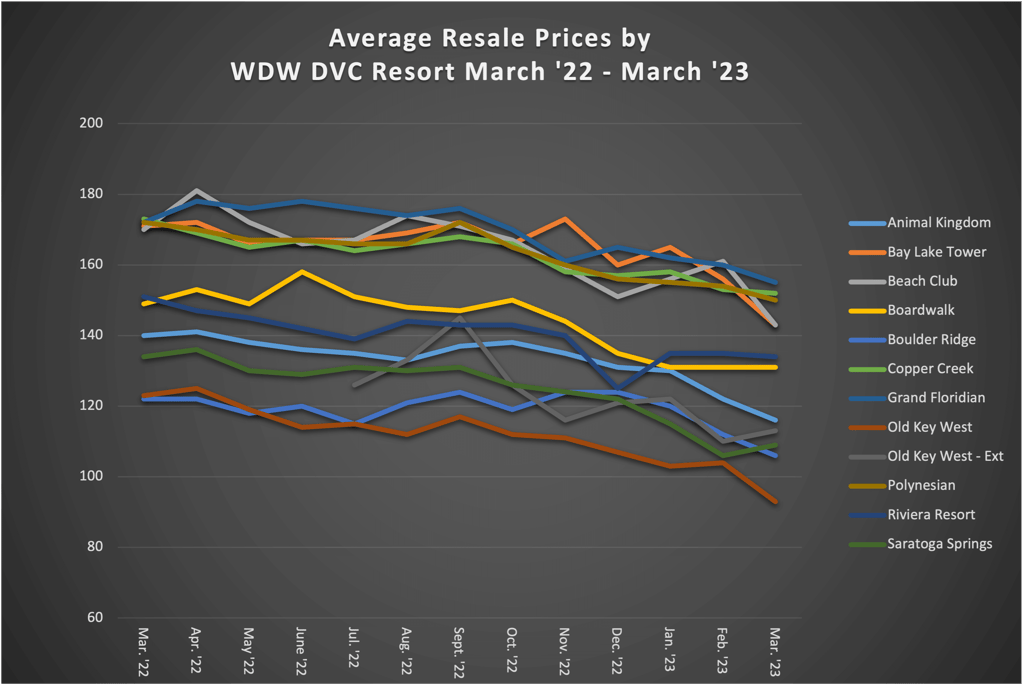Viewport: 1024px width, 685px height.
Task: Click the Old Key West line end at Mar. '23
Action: coord(774,502)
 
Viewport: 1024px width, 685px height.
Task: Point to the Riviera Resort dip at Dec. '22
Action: coord(619,388)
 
